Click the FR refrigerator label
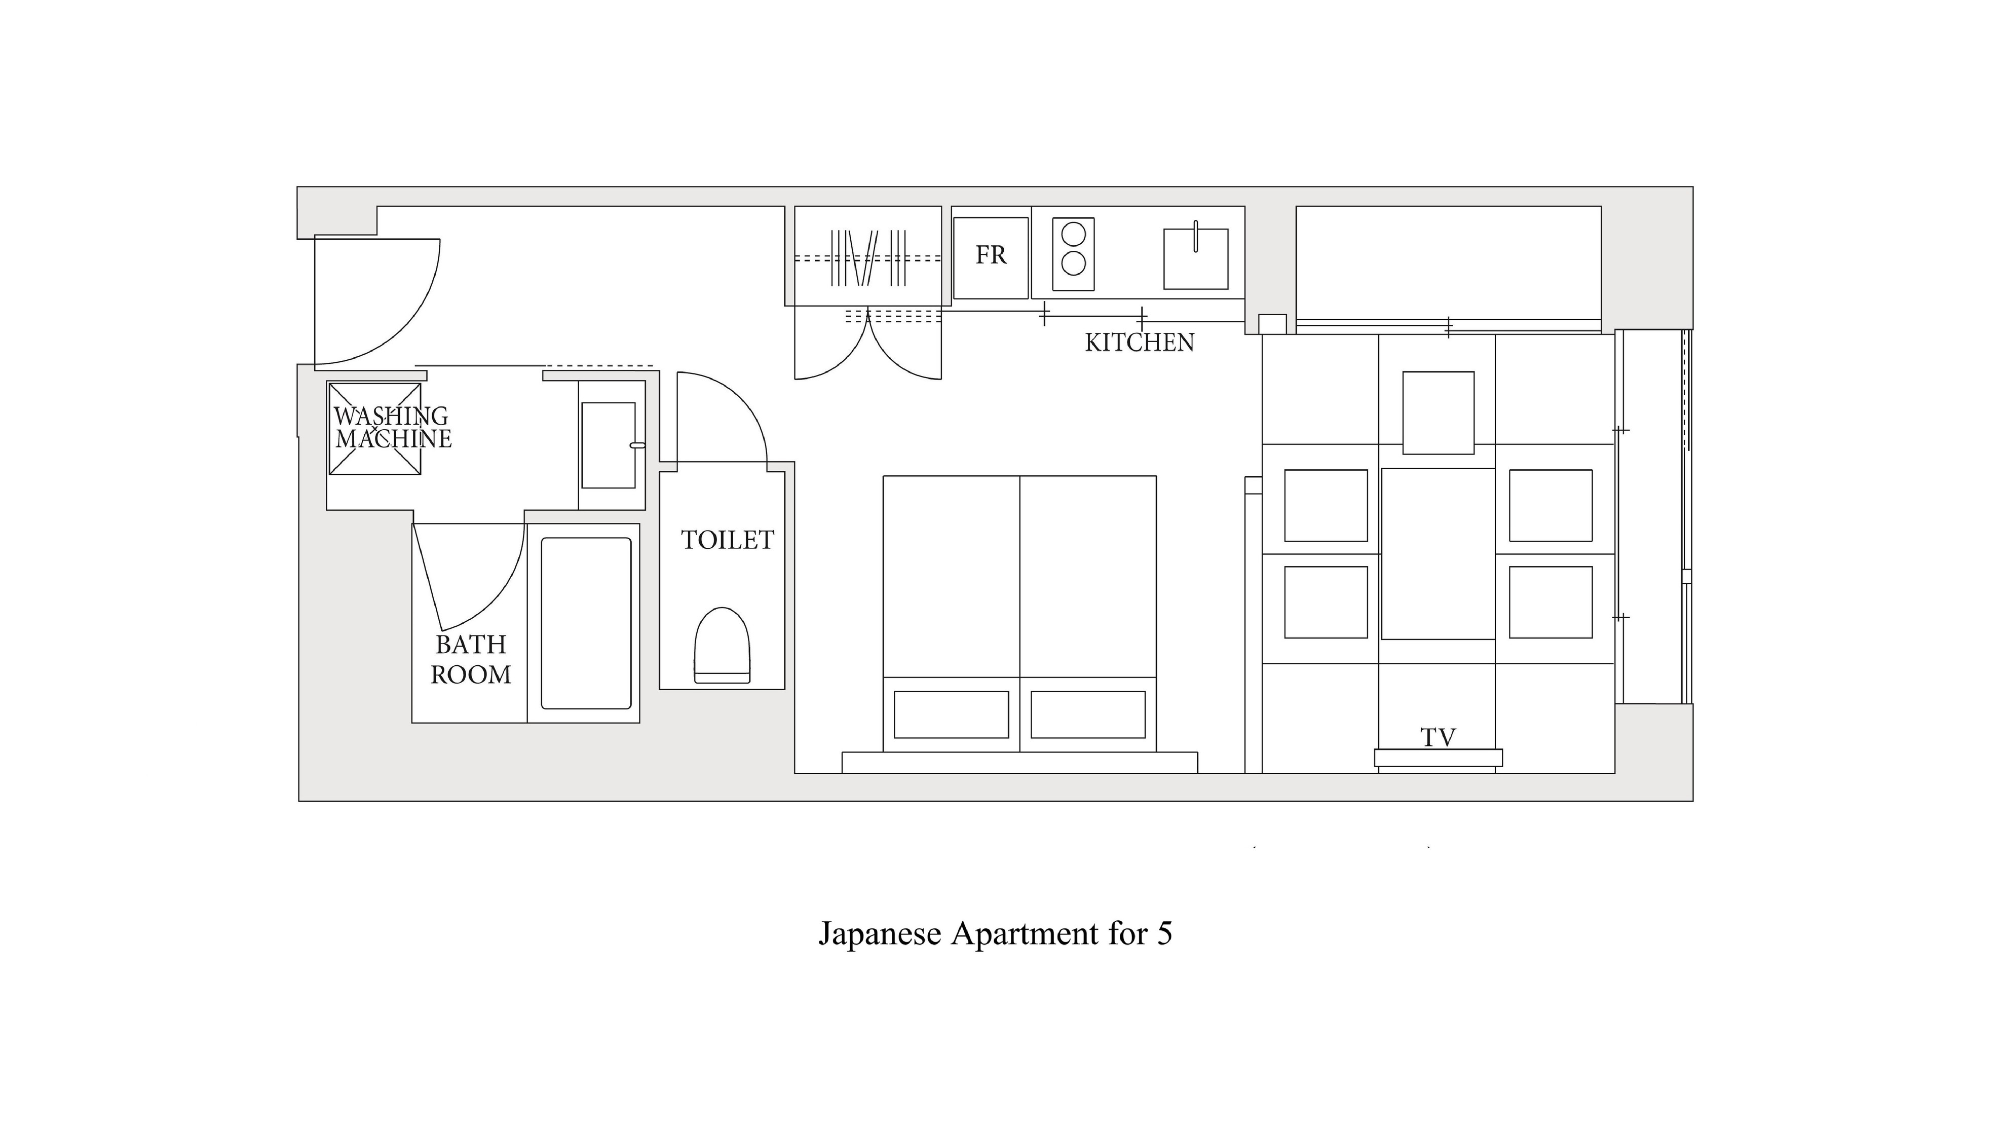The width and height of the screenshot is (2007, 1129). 991,255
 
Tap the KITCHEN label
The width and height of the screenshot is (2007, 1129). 1139,343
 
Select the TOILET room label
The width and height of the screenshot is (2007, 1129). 728,540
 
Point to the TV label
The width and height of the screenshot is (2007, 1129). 1437,737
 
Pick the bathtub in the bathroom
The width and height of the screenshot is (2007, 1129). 586,623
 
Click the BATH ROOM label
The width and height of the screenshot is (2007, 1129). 471,659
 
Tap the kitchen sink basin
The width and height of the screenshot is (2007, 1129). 1196,258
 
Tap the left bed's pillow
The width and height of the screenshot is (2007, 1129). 951,714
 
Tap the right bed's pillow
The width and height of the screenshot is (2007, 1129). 1088,714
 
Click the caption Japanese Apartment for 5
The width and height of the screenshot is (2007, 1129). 995,933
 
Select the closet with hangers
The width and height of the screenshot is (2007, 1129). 867,256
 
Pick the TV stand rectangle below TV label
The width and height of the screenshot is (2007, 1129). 1438,758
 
